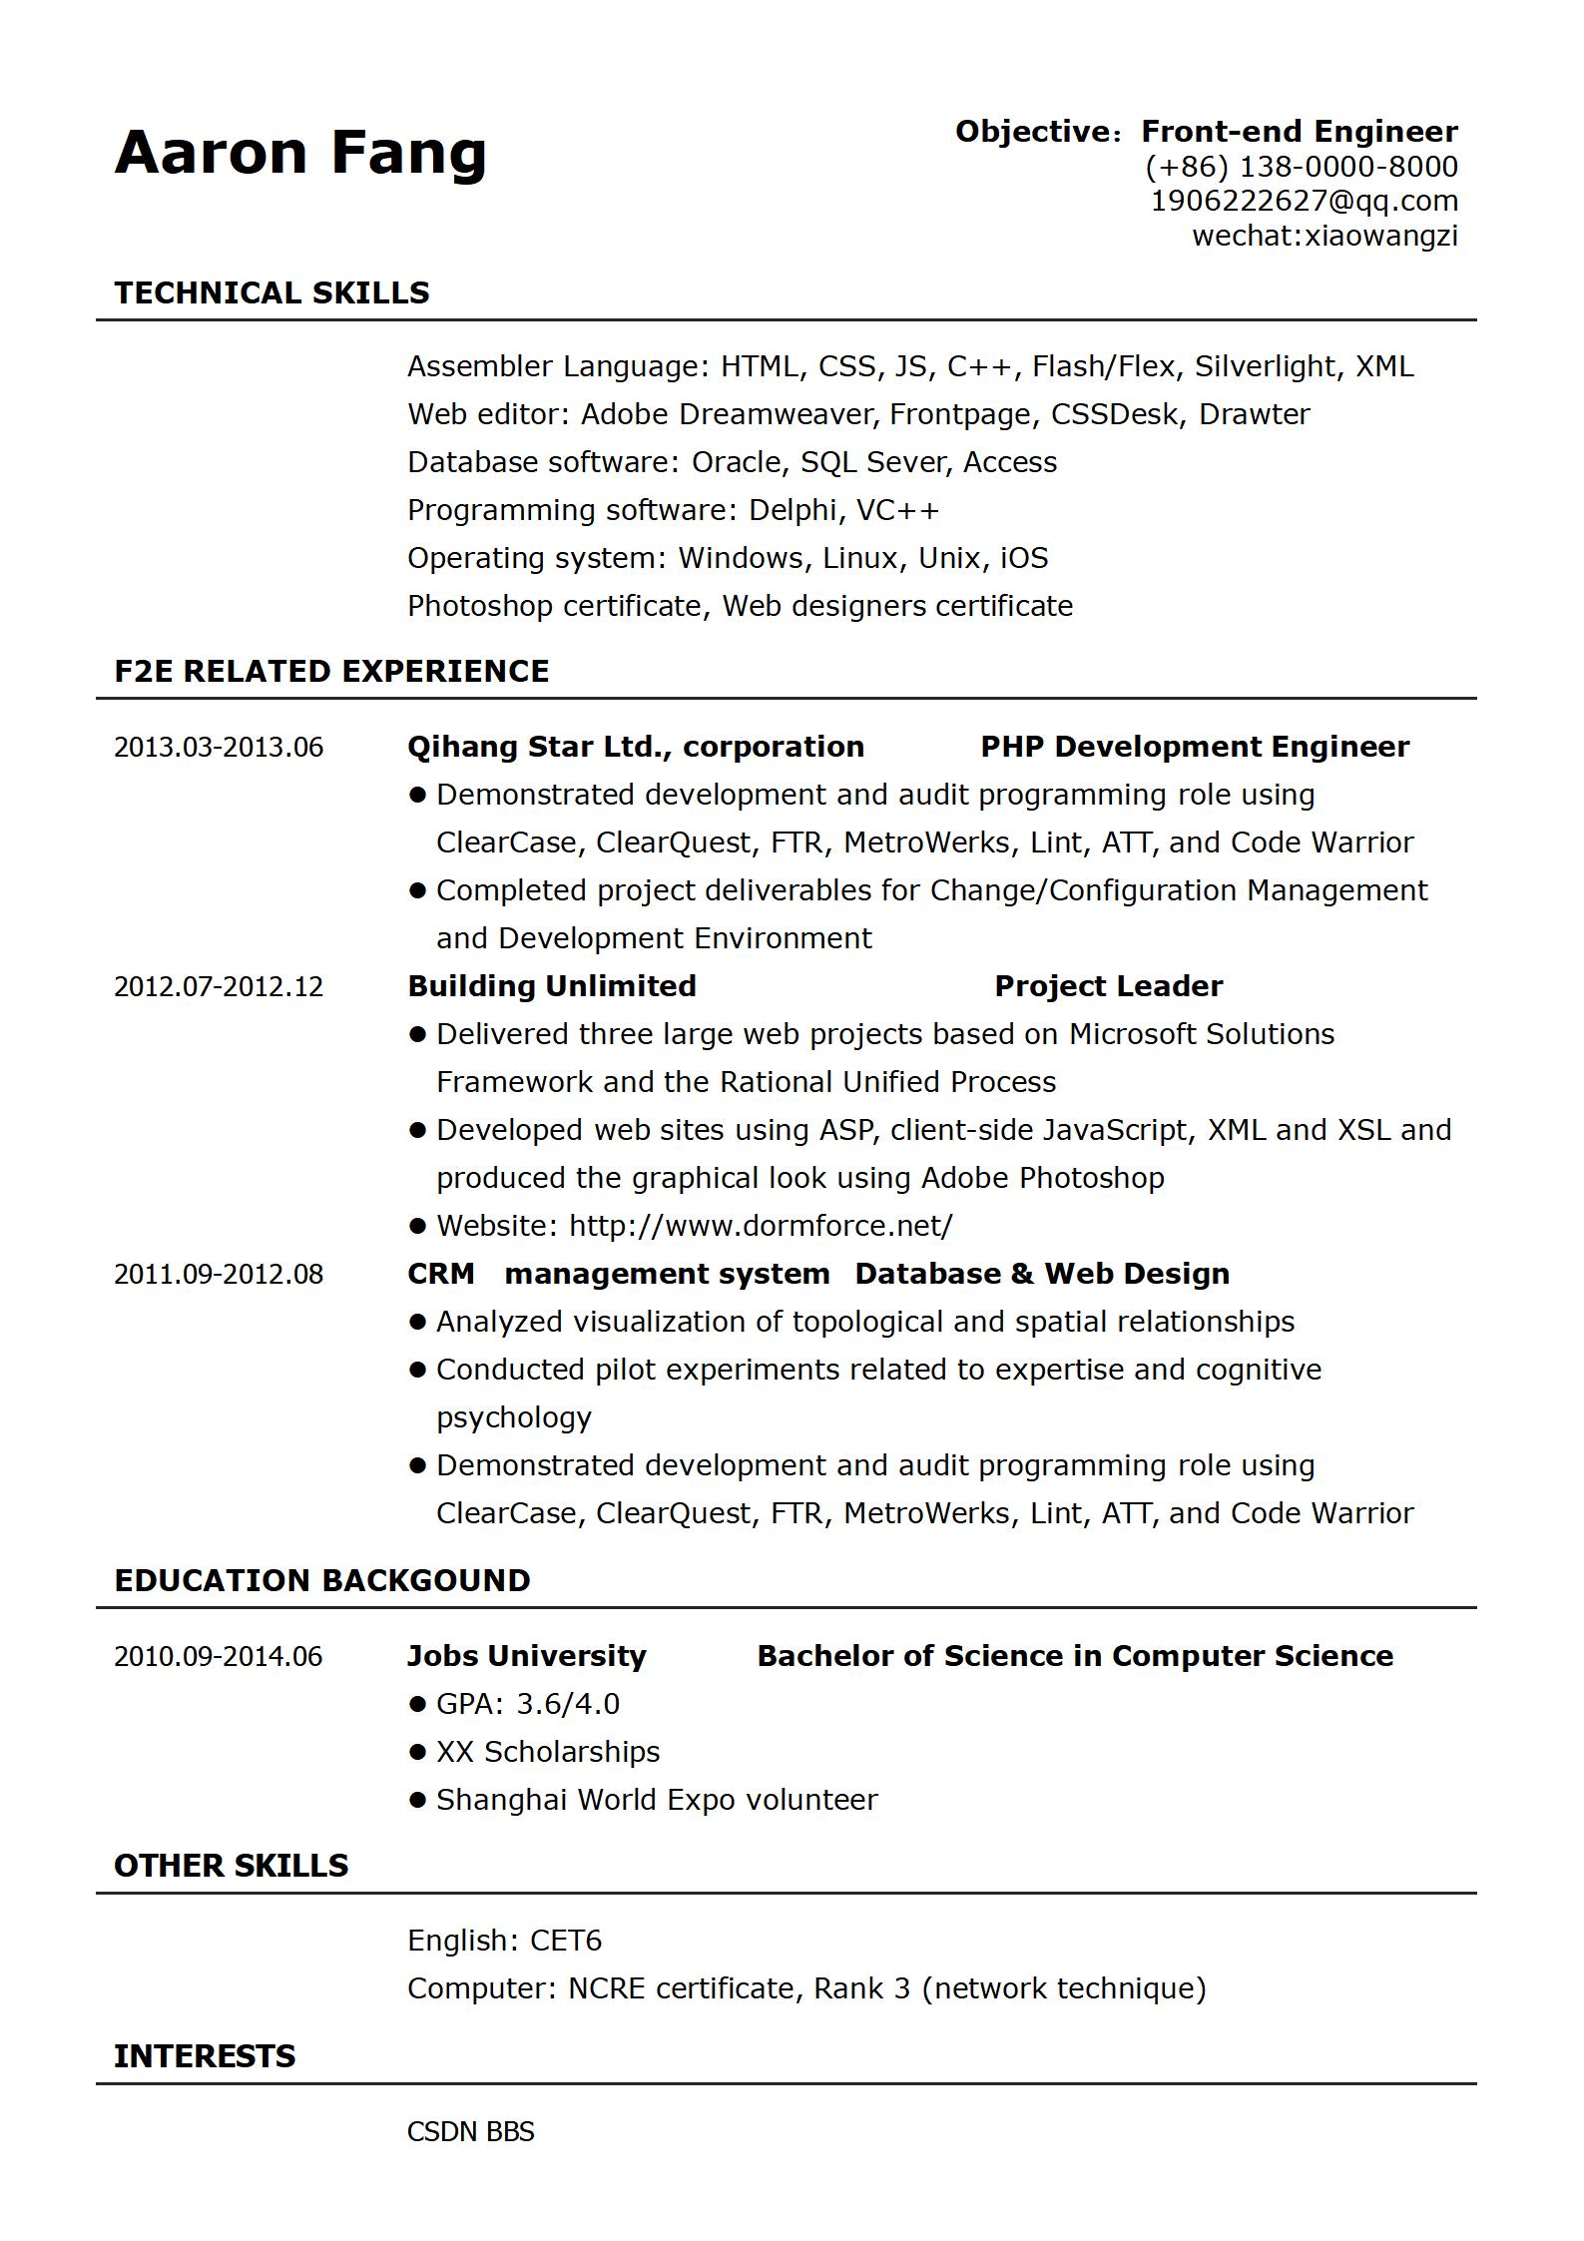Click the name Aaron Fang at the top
pyautogui.click(x=300, y=153)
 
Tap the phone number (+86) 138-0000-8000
pyautogui.click(x=1302, y=167)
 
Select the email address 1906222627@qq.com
pyautogui.click(x=1305, y=202)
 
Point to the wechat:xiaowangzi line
pyautogui.click(x=1324, y=236)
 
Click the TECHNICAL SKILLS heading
pyautogui.click(x=271, y=293)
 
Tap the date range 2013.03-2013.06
pyautogui.click(x=219, y=748)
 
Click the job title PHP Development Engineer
pyautogui.click(x=1195, y=748)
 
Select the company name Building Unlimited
pyautogui.click(x=552, y=987)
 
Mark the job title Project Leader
pyautogui.click(x=1108, y=987)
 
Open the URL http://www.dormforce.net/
pyautogui.click(x=761, y=1227)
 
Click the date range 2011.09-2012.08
pyautogui.click(x=219, y=1275)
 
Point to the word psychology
pyautogui.click(x=514, y=1418)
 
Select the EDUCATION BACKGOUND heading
pyautogui.click(x=322, y=1581)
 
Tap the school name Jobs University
pyautogui.click(x=527, y=1657)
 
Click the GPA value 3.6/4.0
pyautogui.click(x=568, y=1705)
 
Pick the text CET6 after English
pyautogui.click(x=566, y=1941)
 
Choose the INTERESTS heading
pyautogui.click(x=205, y=2056)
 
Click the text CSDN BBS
pyautogui.click(x=471, y=2132)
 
